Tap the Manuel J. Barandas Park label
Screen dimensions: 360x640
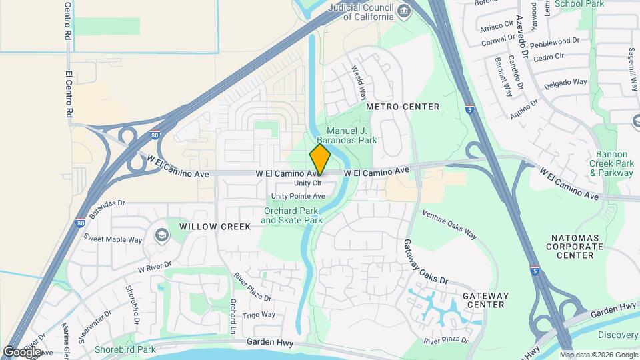coord(352,135)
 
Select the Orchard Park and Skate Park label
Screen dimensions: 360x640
coord(291,215)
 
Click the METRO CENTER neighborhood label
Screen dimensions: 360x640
coord(403,107)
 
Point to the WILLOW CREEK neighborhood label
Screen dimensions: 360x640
coord(215,227)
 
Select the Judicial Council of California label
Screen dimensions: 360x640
coord(360,11)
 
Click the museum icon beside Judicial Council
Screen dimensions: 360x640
coord(403,11)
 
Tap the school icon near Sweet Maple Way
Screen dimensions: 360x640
coord(161,235)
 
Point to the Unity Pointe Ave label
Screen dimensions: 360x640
coord(298,196)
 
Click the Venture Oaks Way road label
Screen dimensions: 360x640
coord(451,225)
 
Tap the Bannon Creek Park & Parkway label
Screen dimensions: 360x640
coord(611,163)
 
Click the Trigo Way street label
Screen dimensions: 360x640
coord(259,315)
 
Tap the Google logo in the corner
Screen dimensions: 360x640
coord(22,351)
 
